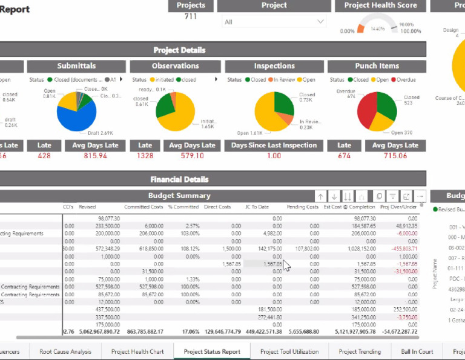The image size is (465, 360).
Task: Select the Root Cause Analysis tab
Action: click(x=65, y=352)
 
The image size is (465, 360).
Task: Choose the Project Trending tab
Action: click(x=360, y=352)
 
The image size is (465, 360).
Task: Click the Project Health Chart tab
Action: click(x=137, y=352)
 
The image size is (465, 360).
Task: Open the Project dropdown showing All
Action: click(x=274, y=22)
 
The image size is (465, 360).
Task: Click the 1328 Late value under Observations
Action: click(x=145, y=156)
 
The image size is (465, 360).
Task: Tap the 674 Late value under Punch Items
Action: click(x=344, y=156)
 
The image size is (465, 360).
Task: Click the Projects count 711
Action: click(x=191, y=16)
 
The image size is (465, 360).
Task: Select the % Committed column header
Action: click(x=183, y=207)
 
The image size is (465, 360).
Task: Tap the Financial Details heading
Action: click(x=179, y=179)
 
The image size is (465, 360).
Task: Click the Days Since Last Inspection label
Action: click(x=274, y=145)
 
